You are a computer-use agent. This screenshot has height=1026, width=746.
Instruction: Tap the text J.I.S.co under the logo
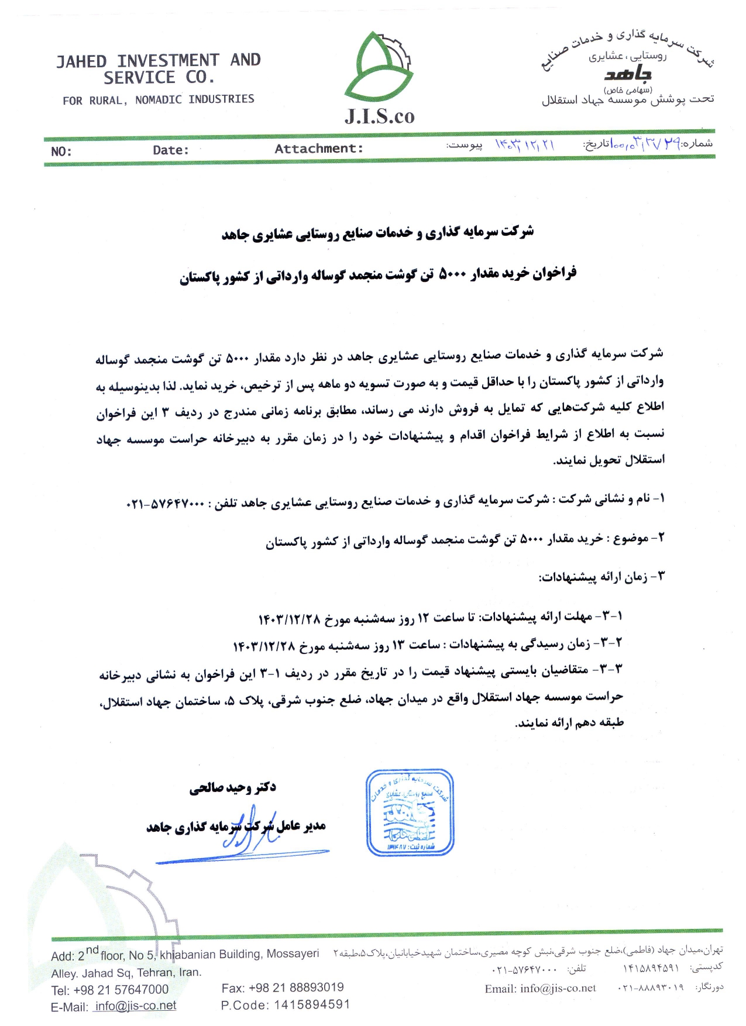click(379, 116)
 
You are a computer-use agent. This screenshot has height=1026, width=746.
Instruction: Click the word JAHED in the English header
click(81, 61)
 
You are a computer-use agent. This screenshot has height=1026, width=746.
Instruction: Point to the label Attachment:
click(319, 149)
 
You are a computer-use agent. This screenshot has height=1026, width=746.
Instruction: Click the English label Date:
click(171, 150)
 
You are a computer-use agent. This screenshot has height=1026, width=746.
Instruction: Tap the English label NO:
click(61, 152)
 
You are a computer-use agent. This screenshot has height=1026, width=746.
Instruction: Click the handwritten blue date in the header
click(525, 144)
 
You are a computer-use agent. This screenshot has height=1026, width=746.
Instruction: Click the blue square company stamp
click(410, 812)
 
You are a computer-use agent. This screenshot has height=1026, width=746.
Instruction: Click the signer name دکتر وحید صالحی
click(232, 788)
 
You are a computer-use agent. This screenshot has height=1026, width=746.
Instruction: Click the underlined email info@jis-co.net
click(135, 1006)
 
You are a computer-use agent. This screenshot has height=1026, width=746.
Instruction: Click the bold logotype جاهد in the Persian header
click(628, 74)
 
